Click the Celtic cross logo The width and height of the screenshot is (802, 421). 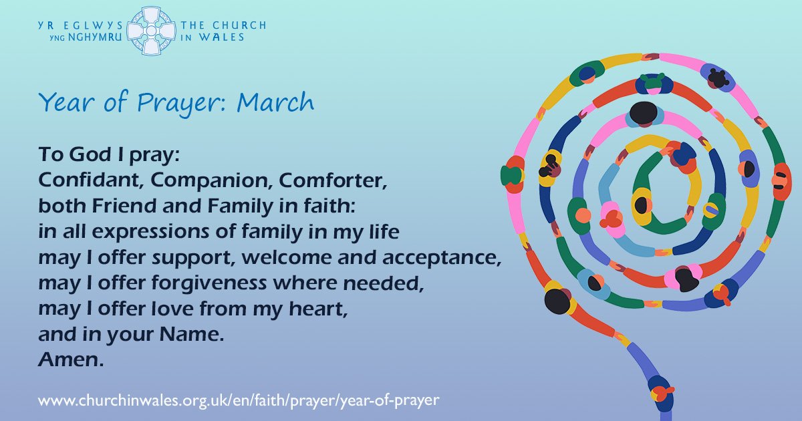point(152,31)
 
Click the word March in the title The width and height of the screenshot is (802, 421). point(275,102)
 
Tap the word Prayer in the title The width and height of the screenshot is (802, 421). point(182,103)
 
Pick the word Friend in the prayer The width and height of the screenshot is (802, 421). point(124,206)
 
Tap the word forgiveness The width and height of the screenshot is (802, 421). point(209,283)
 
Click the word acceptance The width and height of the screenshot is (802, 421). point(442,259)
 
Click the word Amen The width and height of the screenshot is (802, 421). point(71,360)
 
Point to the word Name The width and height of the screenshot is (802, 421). point(192,334)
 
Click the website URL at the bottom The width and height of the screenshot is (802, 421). point(239,400)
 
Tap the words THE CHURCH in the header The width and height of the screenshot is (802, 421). point(223,25)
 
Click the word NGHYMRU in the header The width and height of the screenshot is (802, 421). point(95,37)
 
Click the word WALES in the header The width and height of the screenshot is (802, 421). point(222,37)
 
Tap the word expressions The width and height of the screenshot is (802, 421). point(150,233)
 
